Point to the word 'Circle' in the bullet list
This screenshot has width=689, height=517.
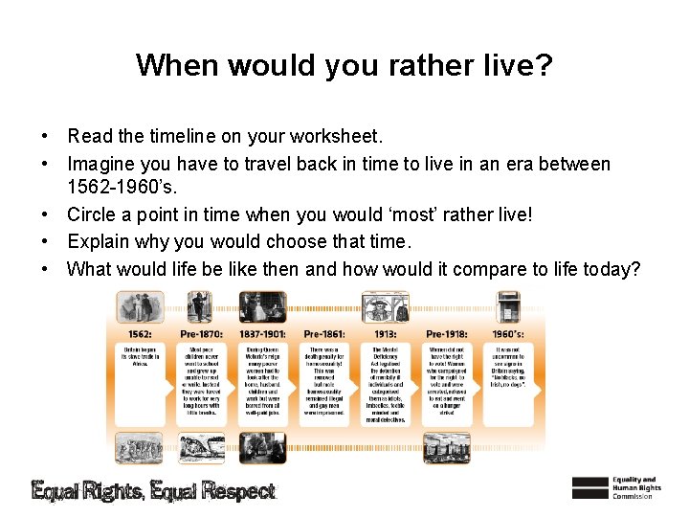point(96,215)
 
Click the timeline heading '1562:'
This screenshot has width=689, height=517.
point(139,333)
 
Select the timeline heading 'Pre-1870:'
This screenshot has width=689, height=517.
point(200,333)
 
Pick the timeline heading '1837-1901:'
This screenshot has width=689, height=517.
point(262,333)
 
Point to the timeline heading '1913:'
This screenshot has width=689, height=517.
point(385,333)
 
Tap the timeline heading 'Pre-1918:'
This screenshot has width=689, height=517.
point(446,333)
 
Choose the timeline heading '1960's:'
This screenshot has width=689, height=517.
point(507,333)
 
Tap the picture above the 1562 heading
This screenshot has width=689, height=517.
point(140,307)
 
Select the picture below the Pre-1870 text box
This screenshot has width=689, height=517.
point(200,447)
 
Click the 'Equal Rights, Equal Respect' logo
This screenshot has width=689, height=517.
point(154,491)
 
